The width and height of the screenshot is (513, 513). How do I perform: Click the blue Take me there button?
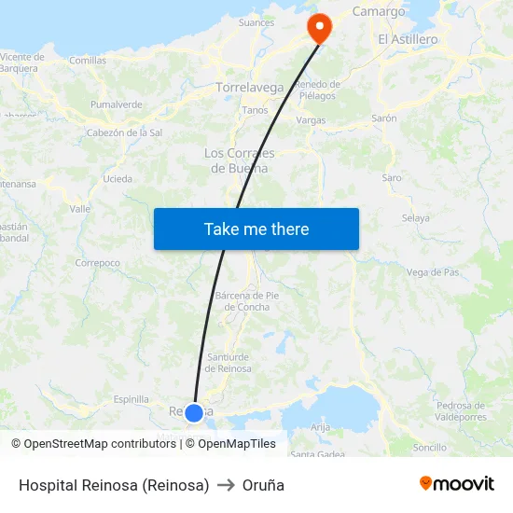(256, 229)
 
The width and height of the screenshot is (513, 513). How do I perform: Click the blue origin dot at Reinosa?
(194, 412)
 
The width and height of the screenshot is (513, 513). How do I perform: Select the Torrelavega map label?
(250, 88)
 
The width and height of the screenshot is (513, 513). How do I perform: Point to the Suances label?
(256, 22)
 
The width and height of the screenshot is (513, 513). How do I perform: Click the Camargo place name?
(379, 11)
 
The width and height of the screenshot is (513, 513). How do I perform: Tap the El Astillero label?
(408, 39)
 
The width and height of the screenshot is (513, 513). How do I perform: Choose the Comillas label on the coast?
(88, 60)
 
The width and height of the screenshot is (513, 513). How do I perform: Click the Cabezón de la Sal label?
(124, 132)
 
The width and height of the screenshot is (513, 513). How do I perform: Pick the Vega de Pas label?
(433, 272)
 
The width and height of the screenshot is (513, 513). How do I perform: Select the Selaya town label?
(415, 218)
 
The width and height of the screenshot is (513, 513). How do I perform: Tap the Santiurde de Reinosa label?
(229, 363)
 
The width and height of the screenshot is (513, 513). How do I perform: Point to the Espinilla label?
(131, 399)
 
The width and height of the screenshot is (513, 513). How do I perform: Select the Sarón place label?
(384, 118)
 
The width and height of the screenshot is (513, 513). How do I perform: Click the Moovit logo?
(456, 483)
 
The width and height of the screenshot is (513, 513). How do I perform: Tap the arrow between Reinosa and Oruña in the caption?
(226, 485)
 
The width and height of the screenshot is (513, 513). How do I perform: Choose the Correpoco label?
(98, 263)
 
